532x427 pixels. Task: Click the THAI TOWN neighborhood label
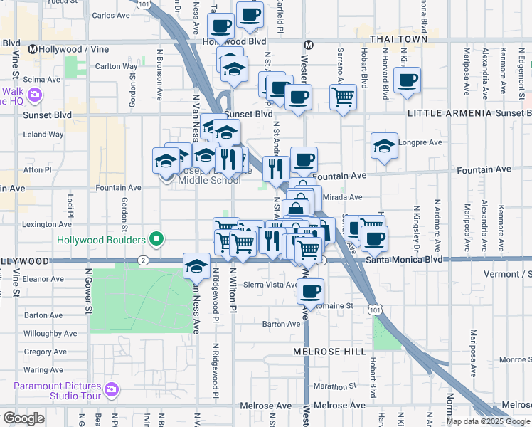click(399, 39)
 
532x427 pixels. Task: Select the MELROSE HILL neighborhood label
click(329, 352)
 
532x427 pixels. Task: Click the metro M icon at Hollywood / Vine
click(33, 49)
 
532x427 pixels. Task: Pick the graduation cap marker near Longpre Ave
click(384, 146)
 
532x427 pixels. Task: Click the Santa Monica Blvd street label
click(403, 260)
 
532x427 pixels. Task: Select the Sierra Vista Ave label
click(270, 285)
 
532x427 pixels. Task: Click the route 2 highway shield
click(144, 260)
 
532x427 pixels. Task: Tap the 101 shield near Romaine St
click(375, 309)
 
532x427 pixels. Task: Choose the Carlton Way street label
click(116, 66)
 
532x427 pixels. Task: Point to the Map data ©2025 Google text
click(488, 421)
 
